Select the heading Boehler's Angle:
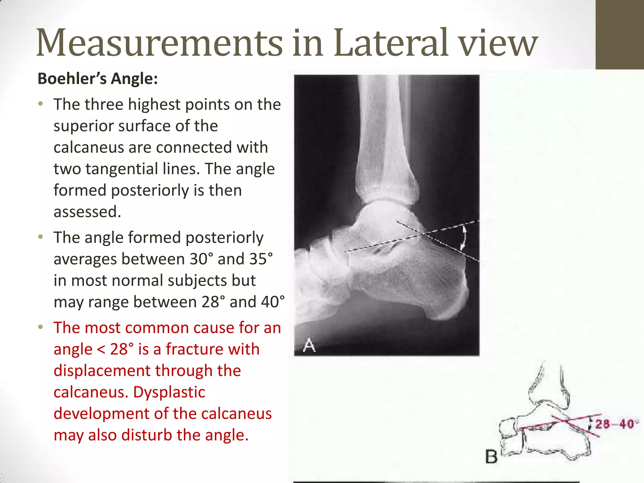pos(97,79)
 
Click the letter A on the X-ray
pos(309,345)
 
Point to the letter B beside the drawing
pos(491,457)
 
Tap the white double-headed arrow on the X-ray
pos(464,238)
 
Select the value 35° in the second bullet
pos(261,259)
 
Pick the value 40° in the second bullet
pos(272,302)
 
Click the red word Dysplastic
pos(169,392)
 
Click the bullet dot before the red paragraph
pos(40,327)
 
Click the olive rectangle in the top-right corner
pos(619,35)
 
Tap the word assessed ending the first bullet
pos(87,212)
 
